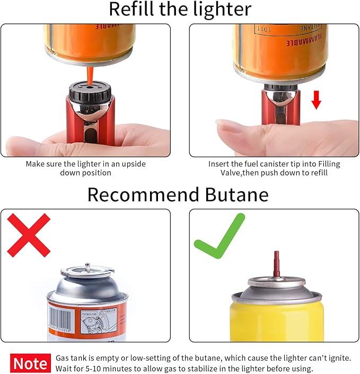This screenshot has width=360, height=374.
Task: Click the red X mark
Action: [29, 235]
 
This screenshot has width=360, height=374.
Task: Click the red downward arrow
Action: [316, 99]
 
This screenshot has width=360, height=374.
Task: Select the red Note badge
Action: [30, 363]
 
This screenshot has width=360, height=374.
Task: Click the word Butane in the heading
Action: [232, 194]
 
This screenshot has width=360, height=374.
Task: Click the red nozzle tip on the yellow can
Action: [275, 263]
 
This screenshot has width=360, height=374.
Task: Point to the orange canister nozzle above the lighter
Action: [90, 72]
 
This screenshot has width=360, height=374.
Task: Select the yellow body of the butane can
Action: [276, 323]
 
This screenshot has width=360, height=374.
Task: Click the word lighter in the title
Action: [223, 9]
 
